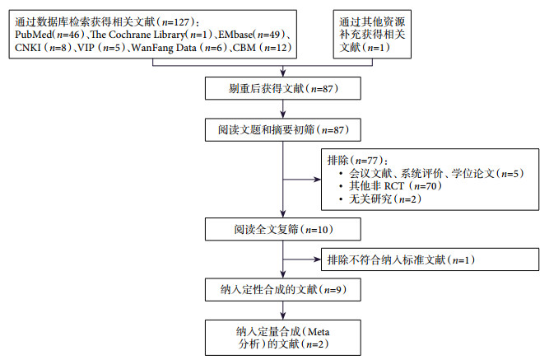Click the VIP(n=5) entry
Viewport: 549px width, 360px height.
click(x=96, y=51)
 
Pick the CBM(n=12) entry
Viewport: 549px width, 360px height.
click(x=255, y=51)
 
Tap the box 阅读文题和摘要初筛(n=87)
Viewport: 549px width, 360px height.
click(x=282, y=130)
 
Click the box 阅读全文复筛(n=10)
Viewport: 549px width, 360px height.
click(x=282, y=228)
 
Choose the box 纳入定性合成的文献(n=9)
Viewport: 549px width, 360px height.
click(x=282, y=290)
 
